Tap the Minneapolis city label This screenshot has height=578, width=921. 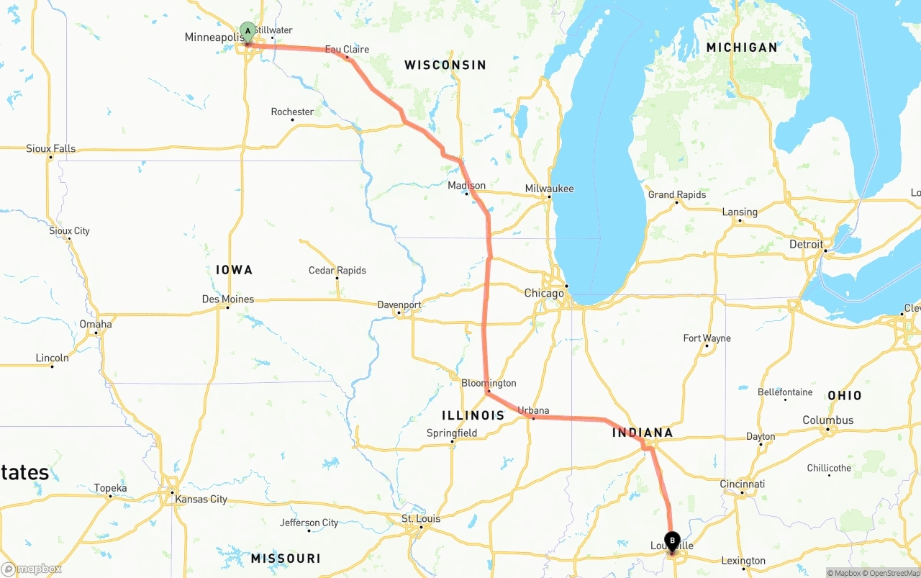tap(212, 37)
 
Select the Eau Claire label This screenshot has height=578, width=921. tap(347, 50)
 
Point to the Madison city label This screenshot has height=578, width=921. tap(466, 186)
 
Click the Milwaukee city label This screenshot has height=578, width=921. tap(549, 189)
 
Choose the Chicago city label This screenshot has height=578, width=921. tap(544, 294)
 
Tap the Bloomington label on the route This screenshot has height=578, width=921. tap(489, 383)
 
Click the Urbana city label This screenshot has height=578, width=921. tap(533, 411)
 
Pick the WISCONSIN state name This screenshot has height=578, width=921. tap(445, 66)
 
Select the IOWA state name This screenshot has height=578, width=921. tap(234, 270)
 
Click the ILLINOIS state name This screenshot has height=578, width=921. tap(473, 415)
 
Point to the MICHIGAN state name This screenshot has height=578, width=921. tap(741, 48)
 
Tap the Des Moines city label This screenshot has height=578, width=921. tap(228, 299)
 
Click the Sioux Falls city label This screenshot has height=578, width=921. tap(50, 149)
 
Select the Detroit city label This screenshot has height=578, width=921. tap(806, 245)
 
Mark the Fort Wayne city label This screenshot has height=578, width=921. tap(707, 338)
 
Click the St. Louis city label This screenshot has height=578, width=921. tap(421, 519)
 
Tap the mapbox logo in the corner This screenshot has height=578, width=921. tap(32, 569)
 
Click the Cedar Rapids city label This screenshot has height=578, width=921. tap(337, 271)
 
